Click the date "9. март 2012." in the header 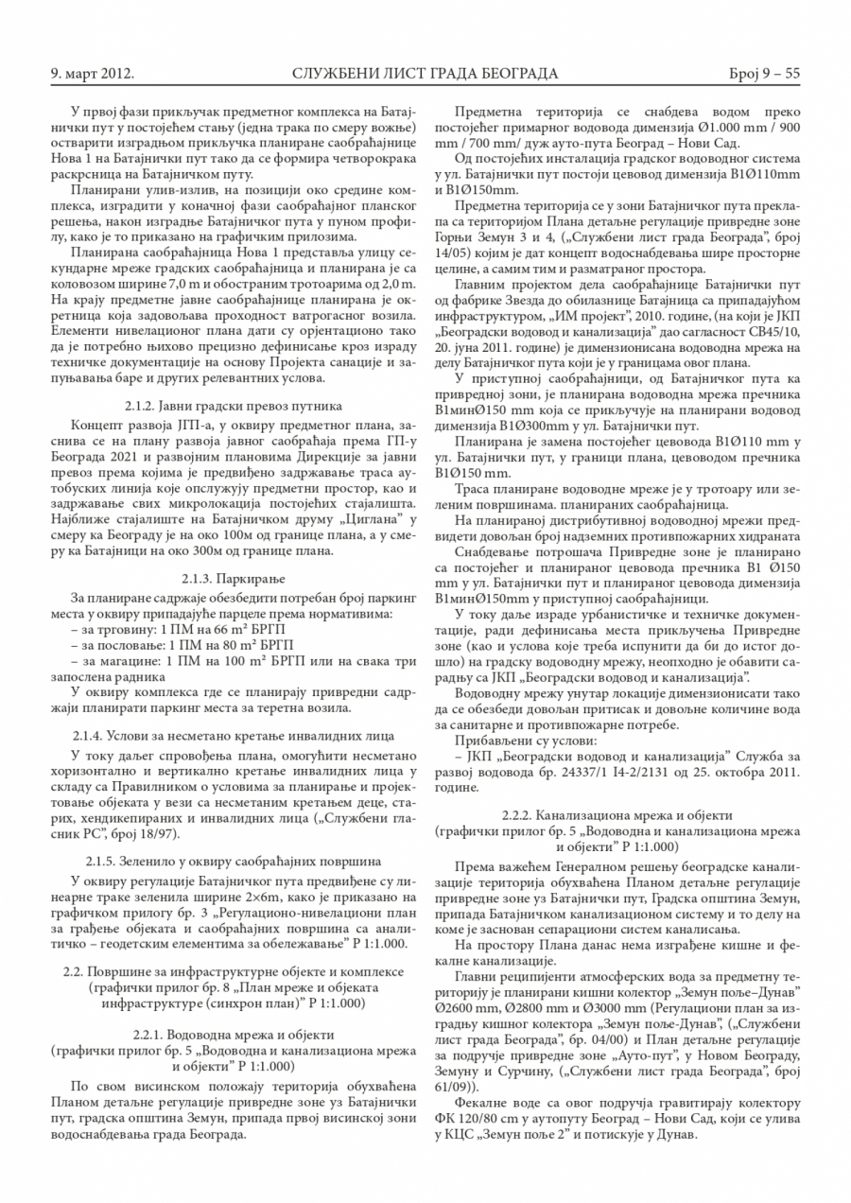point(91,74)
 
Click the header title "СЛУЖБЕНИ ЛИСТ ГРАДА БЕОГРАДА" point(425,74)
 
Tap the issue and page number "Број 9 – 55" point(764,74)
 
